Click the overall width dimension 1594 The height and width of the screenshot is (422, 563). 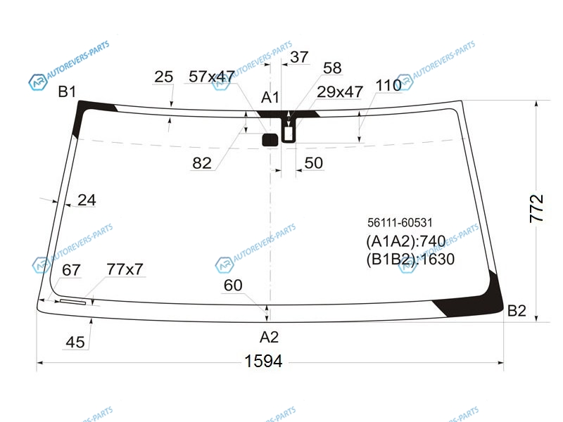click(x=263, y=361)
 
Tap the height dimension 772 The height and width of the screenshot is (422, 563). click(x=537, y=208)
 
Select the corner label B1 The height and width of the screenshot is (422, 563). click(x=67, y=92)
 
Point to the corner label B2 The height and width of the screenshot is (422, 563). click(x=517, y=310)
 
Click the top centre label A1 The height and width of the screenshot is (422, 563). click(x=270, y=97)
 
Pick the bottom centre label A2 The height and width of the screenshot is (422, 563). click(x=269, y=337)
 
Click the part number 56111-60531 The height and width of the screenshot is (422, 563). click(x=400, y=222)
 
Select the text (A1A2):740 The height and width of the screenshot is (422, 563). click(x=406, y=241)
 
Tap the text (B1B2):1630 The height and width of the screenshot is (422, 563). click(x=410, y=259)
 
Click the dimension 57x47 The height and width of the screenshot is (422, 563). click(x=212, y=77)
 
